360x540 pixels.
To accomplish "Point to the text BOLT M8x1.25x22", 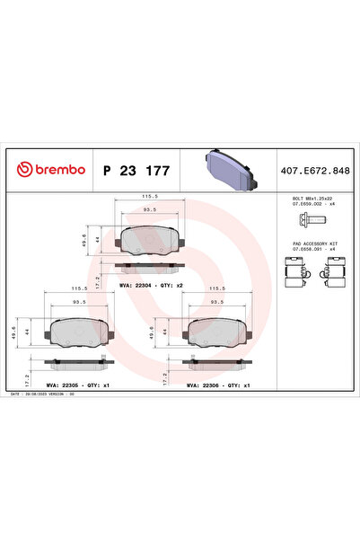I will point(312,197).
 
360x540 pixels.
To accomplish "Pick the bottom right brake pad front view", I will point(218,332).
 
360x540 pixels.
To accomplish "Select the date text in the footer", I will point(45,394).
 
